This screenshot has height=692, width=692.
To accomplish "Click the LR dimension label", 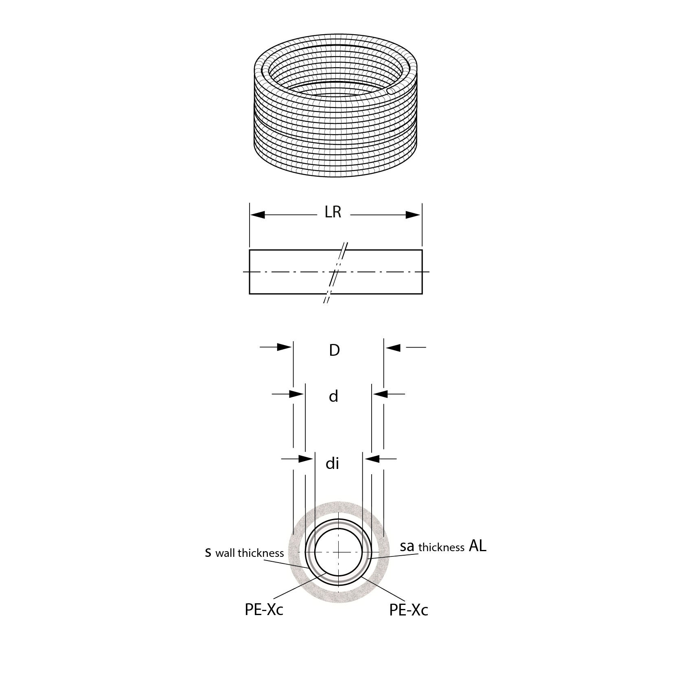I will (333, 212).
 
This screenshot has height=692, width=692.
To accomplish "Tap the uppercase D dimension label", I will (334, 350).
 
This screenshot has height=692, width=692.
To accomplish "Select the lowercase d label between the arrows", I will (333, 396).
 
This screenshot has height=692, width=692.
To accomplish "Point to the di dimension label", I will (332, 464).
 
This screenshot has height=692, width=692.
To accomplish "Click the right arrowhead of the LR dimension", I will (413, 215).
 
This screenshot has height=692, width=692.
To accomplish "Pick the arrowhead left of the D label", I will (285, 347).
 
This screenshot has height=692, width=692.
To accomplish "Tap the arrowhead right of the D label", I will (393, 348).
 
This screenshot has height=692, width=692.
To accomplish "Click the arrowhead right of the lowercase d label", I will (380, 394).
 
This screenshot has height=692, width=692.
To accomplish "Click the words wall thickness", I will (250, 553).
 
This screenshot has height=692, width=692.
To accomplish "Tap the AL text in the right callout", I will (477, 546).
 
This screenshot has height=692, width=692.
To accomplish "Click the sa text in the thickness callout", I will (407, 546).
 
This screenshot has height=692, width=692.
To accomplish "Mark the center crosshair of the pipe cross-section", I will (339, 552).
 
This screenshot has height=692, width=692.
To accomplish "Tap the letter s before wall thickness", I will (208, 553).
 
